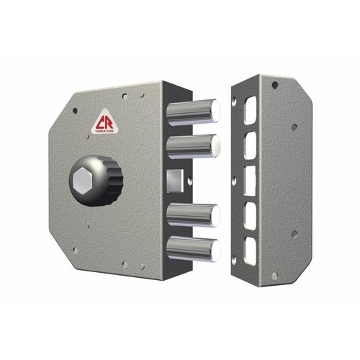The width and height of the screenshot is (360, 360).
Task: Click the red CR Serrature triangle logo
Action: click(104, 122)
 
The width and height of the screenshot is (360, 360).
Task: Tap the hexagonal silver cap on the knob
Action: click(83, 181)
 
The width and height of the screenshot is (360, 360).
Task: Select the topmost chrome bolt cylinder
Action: click(194, 112)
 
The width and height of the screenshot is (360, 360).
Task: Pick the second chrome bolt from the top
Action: click(194, 146)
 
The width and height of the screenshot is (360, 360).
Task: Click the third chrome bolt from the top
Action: click(194, 215)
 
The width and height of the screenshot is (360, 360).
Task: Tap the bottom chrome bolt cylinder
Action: click(194, 249)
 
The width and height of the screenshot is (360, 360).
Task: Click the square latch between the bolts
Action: click(175, 181)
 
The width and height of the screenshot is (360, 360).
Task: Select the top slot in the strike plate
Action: click(251, 110)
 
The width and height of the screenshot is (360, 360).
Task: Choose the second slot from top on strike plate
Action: click(250, 145)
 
